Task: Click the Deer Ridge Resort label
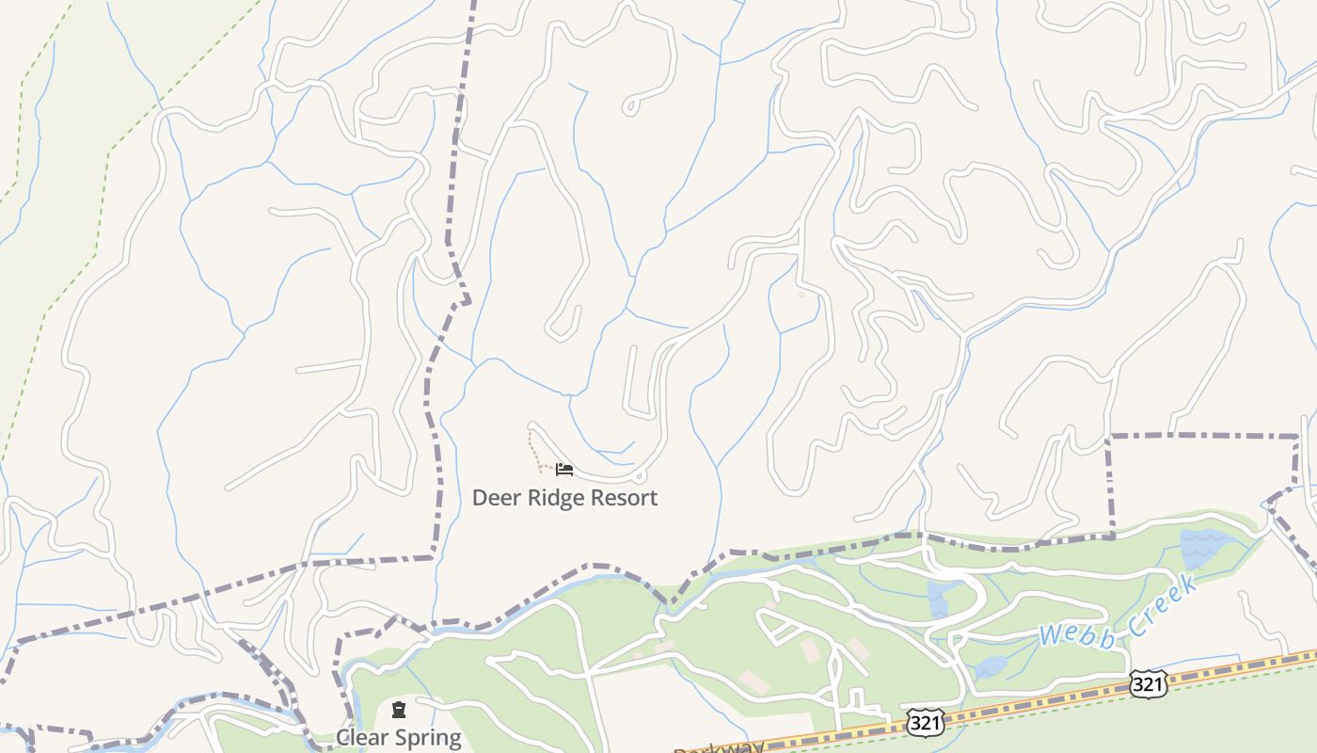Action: tap(564, 498)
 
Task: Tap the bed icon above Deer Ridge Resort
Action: tap(563, 469)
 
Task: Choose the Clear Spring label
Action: tap(399, 737)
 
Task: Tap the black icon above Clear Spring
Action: tap(399, 709)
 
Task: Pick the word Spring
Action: tap(429, 738)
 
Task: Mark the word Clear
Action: tap(363, 737)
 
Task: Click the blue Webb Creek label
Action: tap(1118, 613)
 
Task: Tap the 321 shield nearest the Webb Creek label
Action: tap(1149, 683)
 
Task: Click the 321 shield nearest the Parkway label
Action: tap(924, 722)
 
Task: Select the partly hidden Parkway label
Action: tap(719, 747)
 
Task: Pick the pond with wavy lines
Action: tap(1204, 546)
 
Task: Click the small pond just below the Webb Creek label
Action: tap(991, 667)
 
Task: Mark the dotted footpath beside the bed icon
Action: tap(533, 450)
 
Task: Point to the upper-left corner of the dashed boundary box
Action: tap(1110, 437)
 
